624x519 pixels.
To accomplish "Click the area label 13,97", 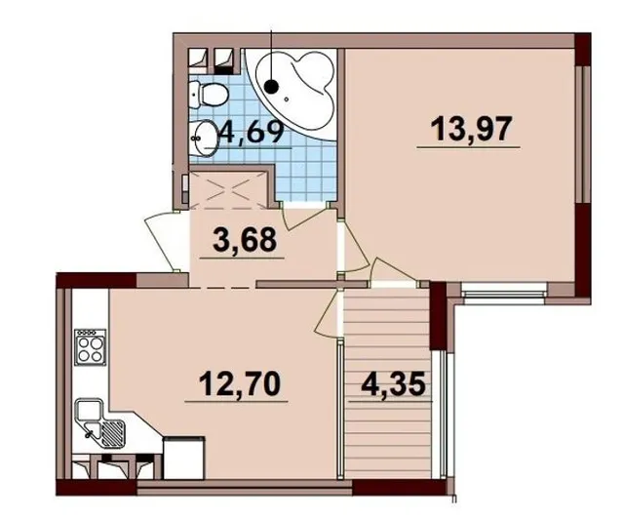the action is click(x=471, y=130).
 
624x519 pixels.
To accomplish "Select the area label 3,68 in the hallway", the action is click(x=245, y=240).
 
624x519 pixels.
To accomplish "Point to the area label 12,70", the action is click(x=240, y=383).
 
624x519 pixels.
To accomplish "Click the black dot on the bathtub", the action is click(x=271, y=85).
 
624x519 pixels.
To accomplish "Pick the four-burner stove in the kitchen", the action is click(x=91, y=346).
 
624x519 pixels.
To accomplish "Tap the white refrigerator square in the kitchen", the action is click(x=184, y=458).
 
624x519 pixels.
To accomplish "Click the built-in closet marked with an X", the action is click(x=228, y=189).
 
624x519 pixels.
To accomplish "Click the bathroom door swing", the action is click(x=305, y=215).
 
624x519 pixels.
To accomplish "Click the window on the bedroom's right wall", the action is click(x=582, y=135).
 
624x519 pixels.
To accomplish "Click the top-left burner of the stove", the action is click(x=84, y=342).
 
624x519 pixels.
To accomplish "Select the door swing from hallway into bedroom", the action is click(x=355, y=246).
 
